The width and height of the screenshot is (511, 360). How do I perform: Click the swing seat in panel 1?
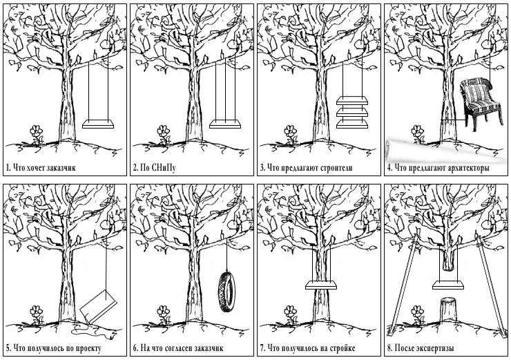pos(98,124)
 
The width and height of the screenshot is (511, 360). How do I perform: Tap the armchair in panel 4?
pos(481,104)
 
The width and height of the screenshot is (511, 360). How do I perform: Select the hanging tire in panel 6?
pos(226,292)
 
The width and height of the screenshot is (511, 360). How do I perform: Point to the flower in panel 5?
pos(37,314)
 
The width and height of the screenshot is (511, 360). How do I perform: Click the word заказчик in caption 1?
pos(61,168)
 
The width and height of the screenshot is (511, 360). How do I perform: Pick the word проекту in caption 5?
pos(88,348)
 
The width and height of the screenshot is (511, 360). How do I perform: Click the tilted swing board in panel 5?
pos(98,306)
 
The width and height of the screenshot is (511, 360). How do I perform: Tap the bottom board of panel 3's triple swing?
pos(352,124)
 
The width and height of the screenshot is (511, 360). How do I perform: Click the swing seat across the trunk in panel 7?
pos(321,285)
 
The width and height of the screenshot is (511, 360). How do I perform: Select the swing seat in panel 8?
pos(448,285)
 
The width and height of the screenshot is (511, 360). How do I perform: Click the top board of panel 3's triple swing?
pos(352,100)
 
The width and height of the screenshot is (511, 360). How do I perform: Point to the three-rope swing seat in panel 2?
pos(225,124)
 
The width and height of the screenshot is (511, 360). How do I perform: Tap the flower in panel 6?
pos(164,314)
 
